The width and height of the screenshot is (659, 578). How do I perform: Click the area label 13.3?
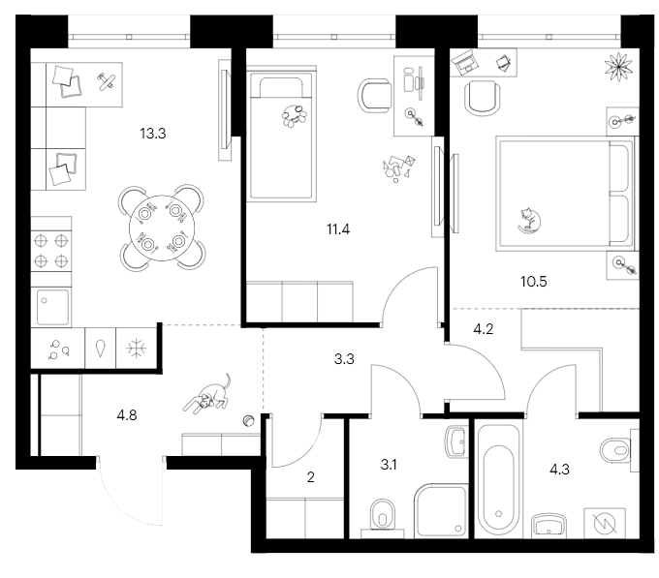[x=154, y=135]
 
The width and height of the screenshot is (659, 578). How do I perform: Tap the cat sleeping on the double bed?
[x=528, y=221]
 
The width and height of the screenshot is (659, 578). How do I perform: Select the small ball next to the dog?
[x=248, y=420]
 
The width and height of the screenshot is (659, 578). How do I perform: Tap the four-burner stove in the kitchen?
[x=50, y=250]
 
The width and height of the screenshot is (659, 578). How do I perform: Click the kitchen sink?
[x=50, y=307]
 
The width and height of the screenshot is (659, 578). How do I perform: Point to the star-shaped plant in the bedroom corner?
[x=616, y=67]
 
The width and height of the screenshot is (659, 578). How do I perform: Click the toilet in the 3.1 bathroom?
[x=385, y=515]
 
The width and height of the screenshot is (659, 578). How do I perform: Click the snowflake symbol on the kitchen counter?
[x=137, y=348]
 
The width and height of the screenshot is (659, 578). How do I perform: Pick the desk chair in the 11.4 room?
[x=376, y=94]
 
